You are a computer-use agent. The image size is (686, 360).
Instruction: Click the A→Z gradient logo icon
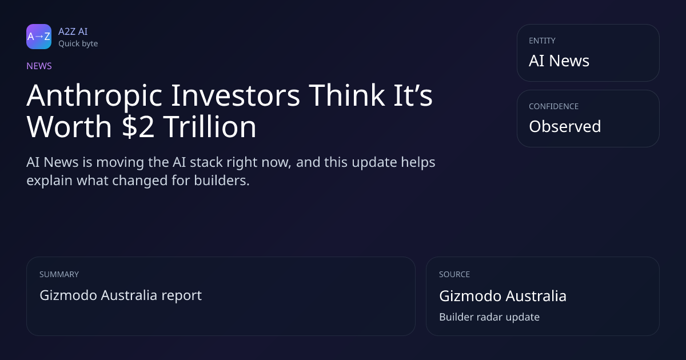[x=39, y=37]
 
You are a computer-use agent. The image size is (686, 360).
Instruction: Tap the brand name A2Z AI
[x=73, y=31]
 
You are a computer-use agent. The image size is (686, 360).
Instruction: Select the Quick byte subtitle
[x=78, y=44]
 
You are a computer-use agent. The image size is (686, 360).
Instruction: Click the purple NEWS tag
[x=39, y=66]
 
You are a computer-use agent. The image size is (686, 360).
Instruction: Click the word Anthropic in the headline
[x=94, y=96]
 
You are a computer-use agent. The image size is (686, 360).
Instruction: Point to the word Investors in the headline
[x=235, y=95]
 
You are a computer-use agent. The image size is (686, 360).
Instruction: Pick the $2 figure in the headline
[x=138, y=127]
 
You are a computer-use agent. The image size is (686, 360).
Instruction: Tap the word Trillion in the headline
[x=210, y=126]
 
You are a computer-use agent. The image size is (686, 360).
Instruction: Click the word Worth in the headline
[x=69, y=126]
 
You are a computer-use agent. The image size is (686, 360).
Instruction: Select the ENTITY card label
[x=542, y=41]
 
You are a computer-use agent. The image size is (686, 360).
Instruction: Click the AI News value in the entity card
[x=559, y=61]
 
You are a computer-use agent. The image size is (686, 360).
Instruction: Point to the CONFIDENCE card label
[x=554, y=106]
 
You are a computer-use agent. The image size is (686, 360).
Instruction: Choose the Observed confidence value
[x=565, y=126]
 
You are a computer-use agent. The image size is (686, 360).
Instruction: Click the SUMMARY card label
[x=59, y=274]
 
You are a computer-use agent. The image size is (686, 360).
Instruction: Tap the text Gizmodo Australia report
[x=121, y=295]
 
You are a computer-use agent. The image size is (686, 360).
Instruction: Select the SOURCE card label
[x=454, y=274]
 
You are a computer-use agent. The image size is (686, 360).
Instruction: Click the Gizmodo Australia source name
[x=503, y=296]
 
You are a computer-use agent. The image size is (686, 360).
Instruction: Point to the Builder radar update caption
[x=489, y=317]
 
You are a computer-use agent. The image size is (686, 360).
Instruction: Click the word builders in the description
[x=222, y=181]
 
